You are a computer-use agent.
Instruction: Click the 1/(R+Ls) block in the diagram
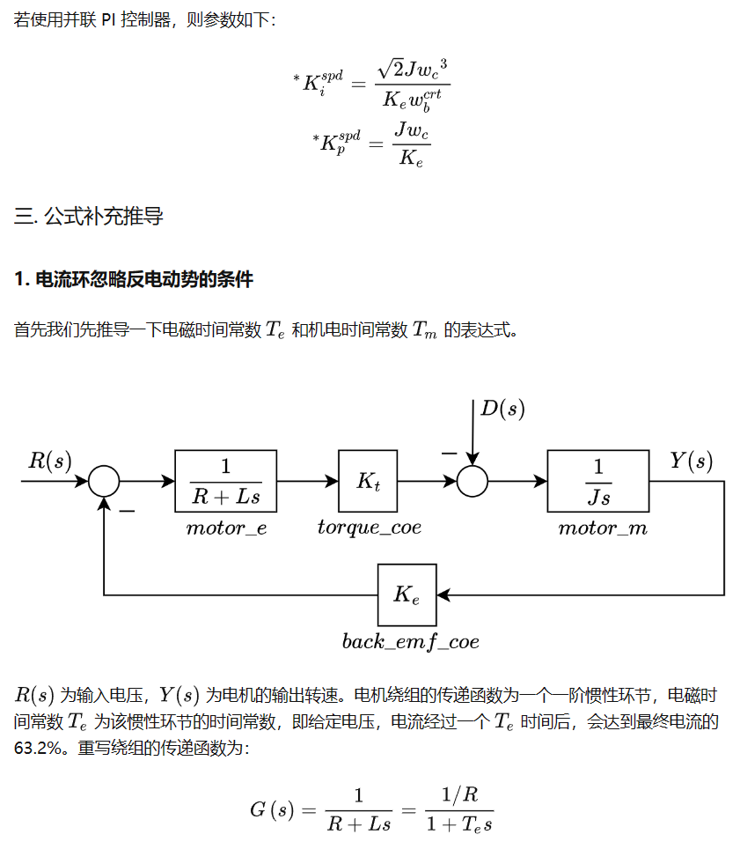[x=226, y=481]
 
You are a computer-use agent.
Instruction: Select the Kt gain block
[x=369, y=481]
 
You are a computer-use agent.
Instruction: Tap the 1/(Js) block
[x=598, y=481]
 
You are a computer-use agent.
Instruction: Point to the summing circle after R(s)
[x=104, y=481]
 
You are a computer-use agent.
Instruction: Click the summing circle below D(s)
[x=473, y=481]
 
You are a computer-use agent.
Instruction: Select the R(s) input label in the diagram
[x=50, y=461]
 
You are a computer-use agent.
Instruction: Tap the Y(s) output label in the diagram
[x=691, y=461]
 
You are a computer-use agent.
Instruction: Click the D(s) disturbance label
[x=502, y=409]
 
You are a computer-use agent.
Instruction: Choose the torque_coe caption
[x=370, y=528]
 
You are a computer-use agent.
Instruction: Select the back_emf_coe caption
[x=411, y=642]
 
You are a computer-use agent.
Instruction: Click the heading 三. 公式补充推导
[x=89, y=217]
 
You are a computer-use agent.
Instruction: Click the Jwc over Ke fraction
[x=412, y=144]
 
